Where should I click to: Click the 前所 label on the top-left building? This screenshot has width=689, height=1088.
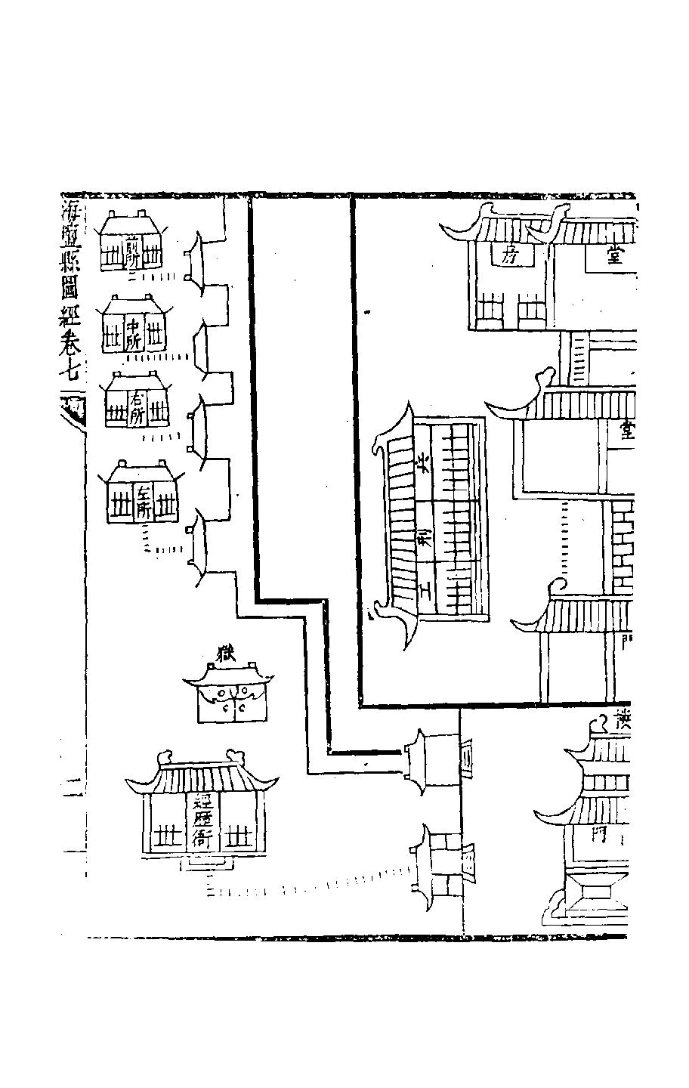[132, 251]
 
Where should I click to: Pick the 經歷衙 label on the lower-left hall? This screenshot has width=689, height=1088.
[202, 824]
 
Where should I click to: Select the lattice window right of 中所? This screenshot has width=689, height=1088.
[156, 335]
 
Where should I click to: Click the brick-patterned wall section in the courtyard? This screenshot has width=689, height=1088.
[623, 548]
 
